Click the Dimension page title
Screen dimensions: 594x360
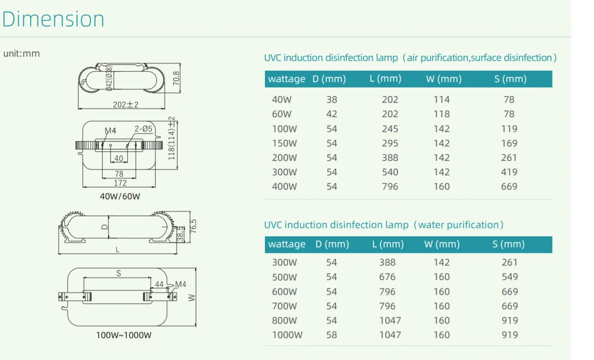[53, 19]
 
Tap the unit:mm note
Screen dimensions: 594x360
[22, 54]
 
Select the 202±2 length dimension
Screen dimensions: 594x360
[126, 105]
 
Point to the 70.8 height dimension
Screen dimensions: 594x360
[176, 78]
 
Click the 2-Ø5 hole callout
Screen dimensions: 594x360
[143, 129]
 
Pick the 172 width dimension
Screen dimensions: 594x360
[120, 183]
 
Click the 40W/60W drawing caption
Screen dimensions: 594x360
[120, 196]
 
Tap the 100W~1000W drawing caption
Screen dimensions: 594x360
[124, 335]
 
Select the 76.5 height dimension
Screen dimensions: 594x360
[193, 226]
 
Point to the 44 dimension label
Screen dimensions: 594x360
[159, 284]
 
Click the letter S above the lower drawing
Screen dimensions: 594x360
[119, 273]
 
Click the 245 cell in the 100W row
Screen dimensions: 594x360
[390, 129]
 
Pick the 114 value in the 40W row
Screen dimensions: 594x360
[441, 100]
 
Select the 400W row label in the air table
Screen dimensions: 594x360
[284, 187]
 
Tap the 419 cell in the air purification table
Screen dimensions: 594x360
[509, 172]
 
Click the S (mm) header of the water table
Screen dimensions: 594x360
[509, 244]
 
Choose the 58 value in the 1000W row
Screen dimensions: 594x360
[332, 335]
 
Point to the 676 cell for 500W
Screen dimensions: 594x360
[387, 277]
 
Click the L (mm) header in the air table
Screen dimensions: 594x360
[386, 79]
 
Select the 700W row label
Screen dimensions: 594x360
[284, 306]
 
